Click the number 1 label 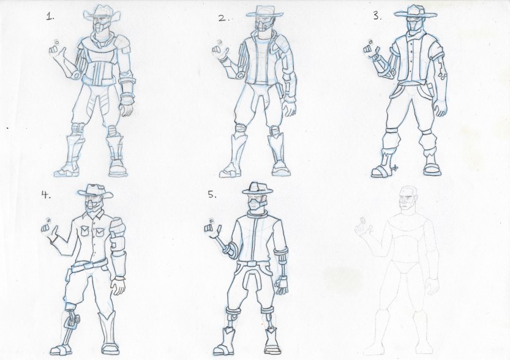[50, 17]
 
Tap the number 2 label [223, 18]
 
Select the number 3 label [377, 17]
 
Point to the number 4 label [45, 195]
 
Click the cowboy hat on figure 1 [102, 12]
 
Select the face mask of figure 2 [262, 24]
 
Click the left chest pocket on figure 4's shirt [84, 231]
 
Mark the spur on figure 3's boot [394, 168]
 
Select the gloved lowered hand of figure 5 [281, 284]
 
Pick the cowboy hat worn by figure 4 [96, 190]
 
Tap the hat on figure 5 [257, 187]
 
